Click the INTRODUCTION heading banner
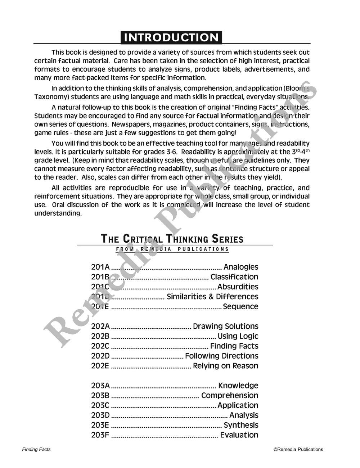(171, 37)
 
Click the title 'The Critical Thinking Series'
(172, 239)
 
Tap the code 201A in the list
(100, 267)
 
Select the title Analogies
(241, 267)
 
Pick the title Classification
(234, 277)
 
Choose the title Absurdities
(238, 287)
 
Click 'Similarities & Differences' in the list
(212, 297)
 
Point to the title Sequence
(240, 307)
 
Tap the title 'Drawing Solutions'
(226, 327)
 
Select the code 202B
(100, 336)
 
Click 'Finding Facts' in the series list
(234, 346)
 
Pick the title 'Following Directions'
(222, 356)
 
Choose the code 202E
(100, 366)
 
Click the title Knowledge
(238, 386)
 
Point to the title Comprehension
(230, 396)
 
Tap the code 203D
(100, 415)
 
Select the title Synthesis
(241, 425)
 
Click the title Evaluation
(239, 435)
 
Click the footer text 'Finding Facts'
(36, 449)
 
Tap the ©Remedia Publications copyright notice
(298, 449)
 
